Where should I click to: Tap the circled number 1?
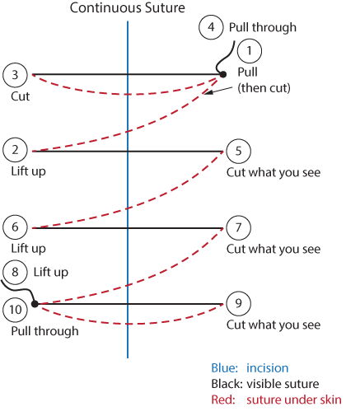point(249,52)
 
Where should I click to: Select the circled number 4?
point(211,26)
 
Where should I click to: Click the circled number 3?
point(15,75)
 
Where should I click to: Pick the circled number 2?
point(15,150)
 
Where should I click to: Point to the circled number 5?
point(238,151)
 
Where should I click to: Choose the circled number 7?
point(238,227)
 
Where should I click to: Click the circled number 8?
point(15,271)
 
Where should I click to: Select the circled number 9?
point(238,304)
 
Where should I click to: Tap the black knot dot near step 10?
point(35,304)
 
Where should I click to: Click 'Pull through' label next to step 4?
point(262,27)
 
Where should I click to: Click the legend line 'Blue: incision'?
point(250,368)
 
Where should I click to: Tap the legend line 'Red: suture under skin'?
point(275,400)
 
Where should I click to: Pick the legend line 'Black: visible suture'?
point(268,384)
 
